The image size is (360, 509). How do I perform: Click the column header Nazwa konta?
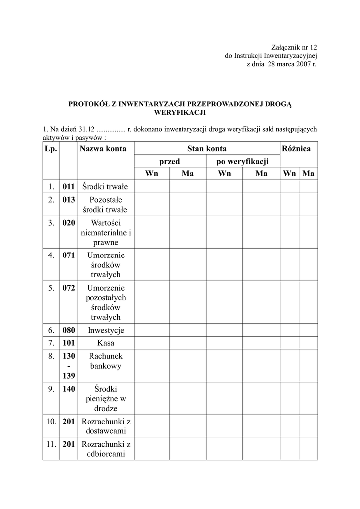click(103, 149)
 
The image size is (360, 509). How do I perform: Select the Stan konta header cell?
click(207, 149)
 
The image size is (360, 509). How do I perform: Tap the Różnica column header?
click(296, 149)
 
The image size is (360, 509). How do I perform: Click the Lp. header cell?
click(51, 149)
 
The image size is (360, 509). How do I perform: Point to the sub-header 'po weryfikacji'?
click(242, 161)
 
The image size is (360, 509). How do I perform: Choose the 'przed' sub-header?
click(169, 161)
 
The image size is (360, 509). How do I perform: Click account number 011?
click(69, 187)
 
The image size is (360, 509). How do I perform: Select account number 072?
click(69, 288)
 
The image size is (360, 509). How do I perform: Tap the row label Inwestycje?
click(105, 330)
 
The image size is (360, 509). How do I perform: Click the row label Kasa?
click(105, 343)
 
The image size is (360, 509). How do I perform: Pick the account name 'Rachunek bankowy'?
click(105, 361)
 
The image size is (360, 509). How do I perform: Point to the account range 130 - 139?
click(69, 366)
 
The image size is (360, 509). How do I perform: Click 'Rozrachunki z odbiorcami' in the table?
click(105, 449)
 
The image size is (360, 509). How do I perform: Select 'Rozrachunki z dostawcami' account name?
click(105, 426)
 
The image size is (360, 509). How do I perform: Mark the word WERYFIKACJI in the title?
click(180, 113)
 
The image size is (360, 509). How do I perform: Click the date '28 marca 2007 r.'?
click(292, 64)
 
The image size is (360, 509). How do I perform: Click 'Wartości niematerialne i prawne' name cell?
click(105, 233)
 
